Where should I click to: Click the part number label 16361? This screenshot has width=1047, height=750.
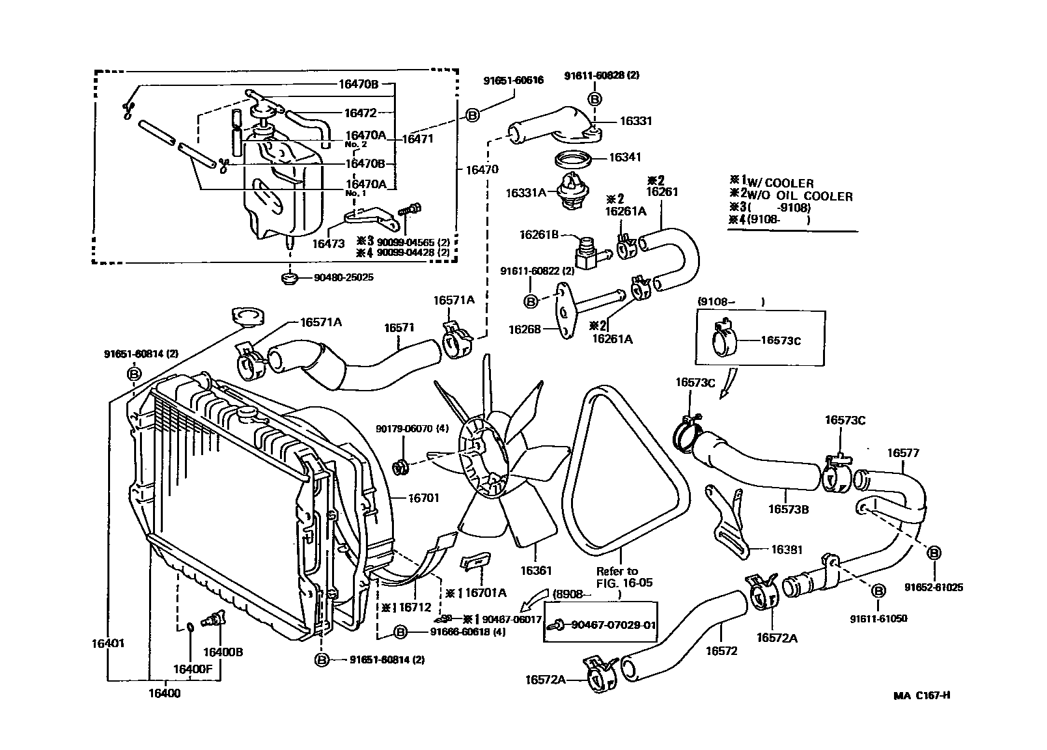pos(536,571)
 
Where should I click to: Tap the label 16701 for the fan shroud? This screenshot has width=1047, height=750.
pos(424,498)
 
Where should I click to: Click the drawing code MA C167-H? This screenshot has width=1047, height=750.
pos(922,695)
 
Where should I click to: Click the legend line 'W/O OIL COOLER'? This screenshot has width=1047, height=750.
pos(798,196)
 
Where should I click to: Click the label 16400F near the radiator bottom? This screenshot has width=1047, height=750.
pos(189,669)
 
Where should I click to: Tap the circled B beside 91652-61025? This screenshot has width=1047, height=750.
pos(934,553)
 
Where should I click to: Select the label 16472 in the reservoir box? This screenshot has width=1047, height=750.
pos(361,113)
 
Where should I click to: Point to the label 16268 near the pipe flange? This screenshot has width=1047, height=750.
pos(524,330)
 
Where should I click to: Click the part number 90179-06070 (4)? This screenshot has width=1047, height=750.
pos(403,429)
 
